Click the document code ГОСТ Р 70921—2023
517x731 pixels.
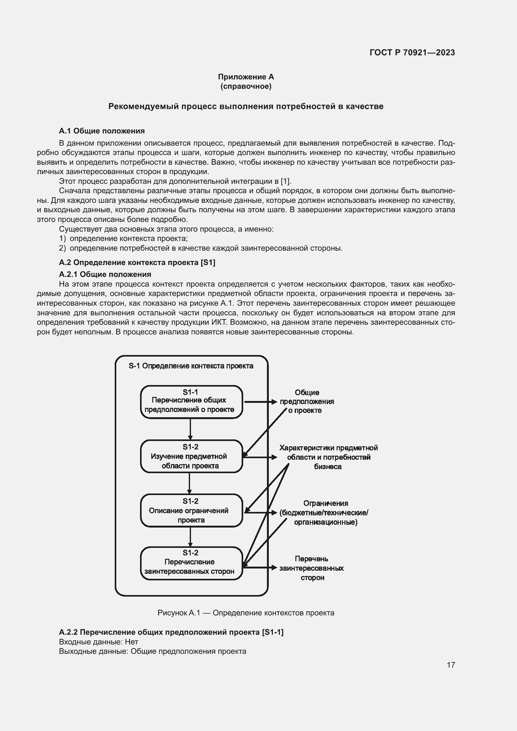[x=412, y=53]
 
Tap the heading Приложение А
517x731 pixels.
[x=246, y=77]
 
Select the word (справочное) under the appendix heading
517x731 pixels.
[x=246, y=86]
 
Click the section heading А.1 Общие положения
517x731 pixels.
[x=102, y=131]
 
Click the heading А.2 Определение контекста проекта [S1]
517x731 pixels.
[x=137, y=262]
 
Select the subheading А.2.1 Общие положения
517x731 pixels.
[x=105, y=274]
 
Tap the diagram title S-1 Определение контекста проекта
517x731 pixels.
[x=191, y=366]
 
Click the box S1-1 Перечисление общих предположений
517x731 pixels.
[x=191, y=402]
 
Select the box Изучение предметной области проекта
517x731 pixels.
[x=191, y=456]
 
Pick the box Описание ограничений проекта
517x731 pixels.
[x=191, y=510]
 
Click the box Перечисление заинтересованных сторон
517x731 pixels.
[x=191, y=563]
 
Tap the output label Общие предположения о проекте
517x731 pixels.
[x=307, y=402]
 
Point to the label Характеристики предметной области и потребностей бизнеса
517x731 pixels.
[x=328, y=457]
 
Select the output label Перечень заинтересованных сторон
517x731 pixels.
[x=311, y=568]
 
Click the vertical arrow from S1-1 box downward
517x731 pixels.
[x=190, y=429]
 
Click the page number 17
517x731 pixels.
[x=450, y=665]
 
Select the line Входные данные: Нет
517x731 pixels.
[x=98, y=642]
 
